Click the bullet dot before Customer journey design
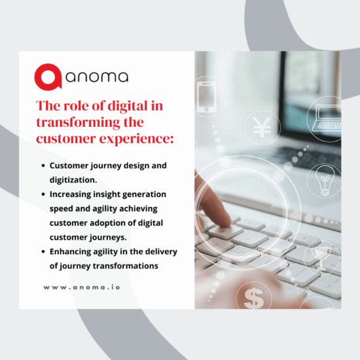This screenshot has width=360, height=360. [x=43, y=166]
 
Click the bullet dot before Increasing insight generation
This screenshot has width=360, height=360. [x=43, y=194]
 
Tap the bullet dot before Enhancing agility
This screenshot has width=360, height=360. [x=43, y=251]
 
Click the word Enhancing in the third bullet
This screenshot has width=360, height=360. [x=73, y=251]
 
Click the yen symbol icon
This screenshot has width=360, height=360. [x=262, y=127]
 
